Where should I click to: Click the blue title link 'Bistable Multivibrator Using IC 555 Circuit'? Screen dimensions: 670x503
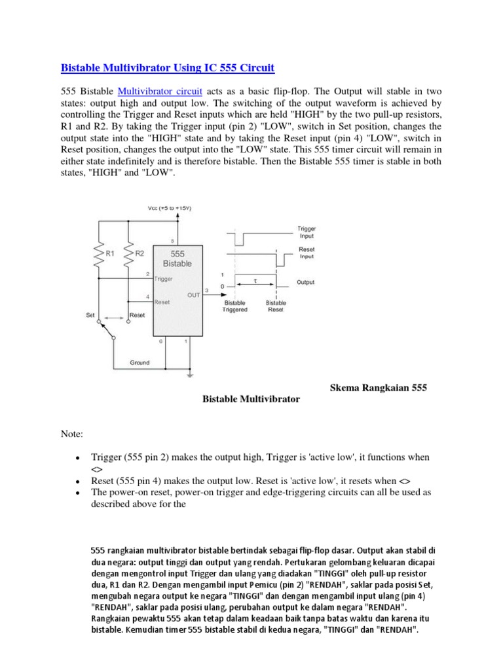pos(168,67)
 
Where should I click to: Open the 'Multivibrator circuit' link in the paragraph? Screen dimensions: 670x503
pos(160,91)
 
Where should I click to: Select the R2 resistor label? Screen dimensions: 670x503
pos(138,252)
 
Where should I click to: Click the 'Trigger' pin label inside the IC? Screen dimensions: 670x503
pos(164,278)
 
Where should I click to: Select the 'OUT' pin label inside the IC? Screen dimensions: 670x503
pos(193,294)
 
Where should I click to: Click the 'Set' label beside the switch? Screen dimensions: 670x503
pos(90,315)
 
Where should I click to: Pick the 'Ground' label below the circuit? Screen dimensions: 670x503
pos(140,362)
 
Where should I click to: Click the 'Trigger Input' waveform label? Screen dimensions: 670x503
pos(306,232)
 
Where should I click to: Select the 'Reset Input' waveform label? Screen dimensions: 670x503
pos(306,253)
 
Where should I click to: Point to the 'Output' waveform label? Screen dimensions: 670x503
pos(306,282)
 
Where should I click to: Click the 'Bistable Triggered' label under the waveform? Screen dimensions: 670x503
pos(236,306)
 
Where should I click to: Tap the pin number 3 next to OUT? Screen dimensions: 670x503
pos(207,290)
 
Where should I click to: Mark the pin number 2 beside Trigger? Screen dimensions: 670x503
pos(147,273)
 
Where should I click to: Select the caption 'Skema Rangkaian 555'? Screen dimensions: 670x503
pos(377,388)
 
